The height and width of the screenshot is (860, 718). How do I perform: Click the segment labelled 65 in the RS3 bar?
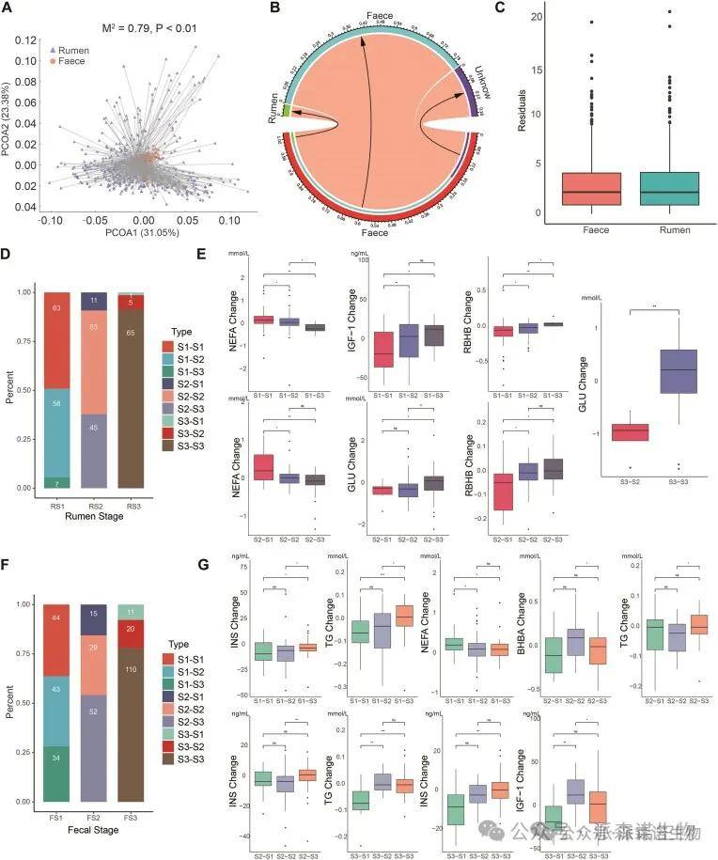click(138, 386)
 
